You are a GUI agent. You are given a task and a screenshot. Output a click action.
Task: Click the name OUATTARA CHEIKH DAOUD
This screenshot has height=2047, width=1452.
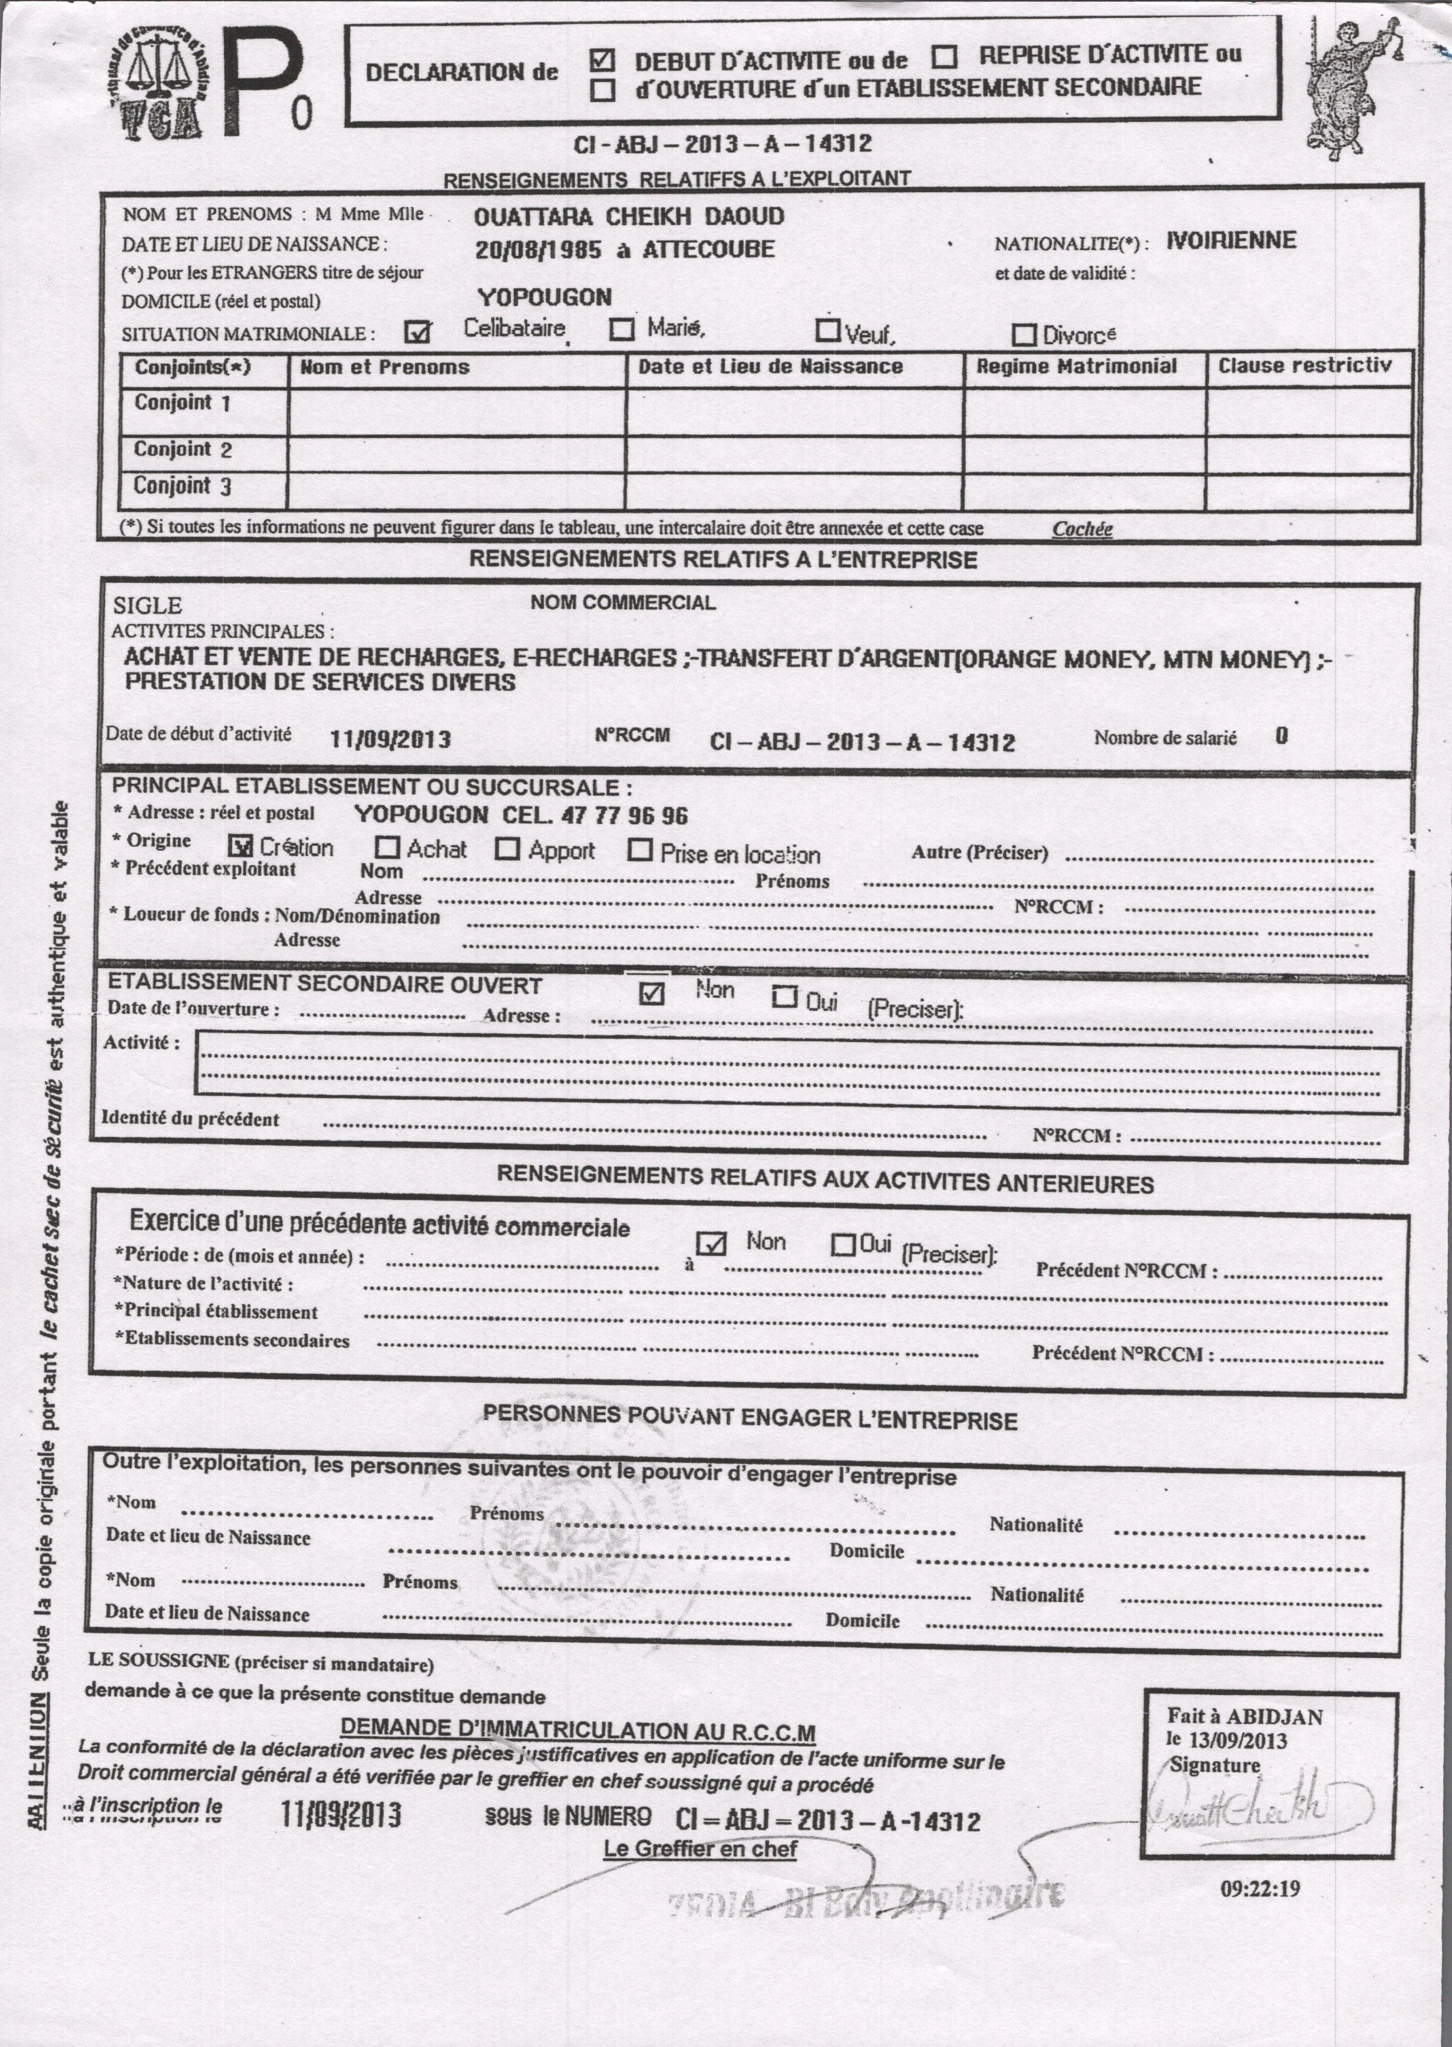pyautogui.click(x=629, y=216)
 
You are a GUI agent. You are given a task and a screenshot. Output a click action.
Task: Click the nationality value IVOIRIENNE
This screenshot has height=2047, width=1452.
pyautogui.click(x=1231, y=240)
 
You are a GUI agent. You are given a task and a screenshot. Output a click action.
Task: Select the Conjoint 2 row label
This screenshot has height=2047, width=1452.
pyautogui.click(x=183, y=449)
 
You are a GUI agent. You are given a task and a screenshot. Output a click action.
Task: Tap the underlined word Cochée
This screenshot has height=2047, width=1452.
pyautogui.click(x=1082, y=529)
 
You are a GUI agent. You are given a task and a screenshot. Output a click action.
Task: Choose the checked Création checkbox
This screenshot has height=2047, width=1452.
pyautogui.click(x=240, y=845)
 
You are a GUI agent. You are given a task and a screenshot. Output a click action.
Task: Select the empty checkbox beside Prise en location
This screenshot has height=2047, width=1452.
pyautogui.click(x=639, y=849)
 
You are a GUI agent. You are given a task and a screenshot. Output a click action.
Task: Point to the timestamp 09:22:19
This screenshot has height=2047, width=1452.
pyautogui.click(x=1260, y=1888)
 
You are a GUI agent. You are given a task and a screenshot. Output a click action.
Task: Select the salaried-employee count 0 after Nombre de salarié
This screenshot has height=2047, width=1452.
pyautogui.click(x=1281, y=736)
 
